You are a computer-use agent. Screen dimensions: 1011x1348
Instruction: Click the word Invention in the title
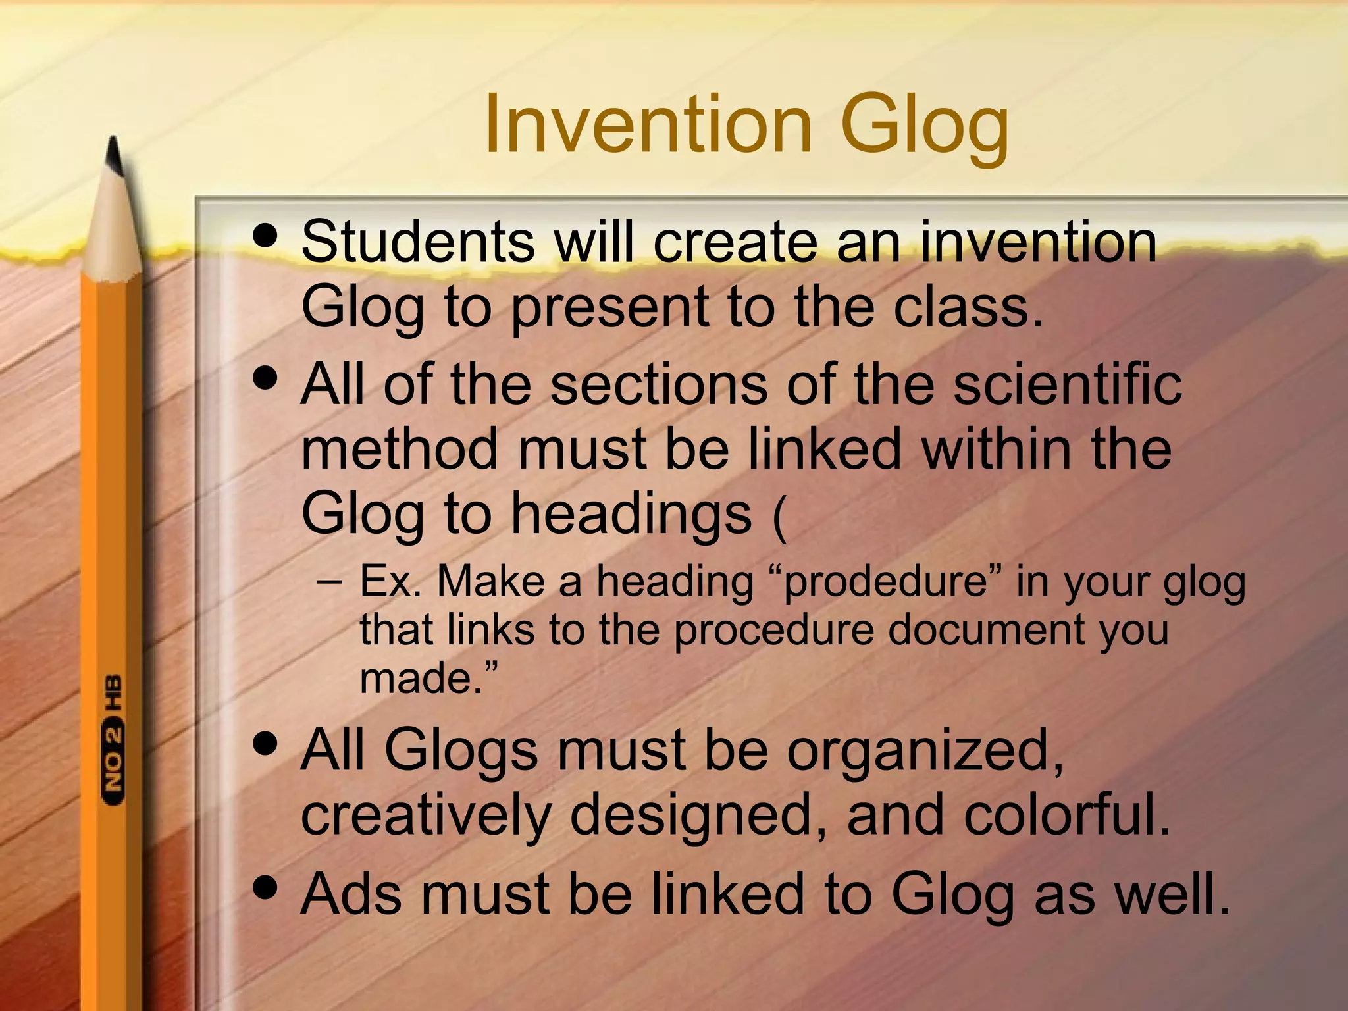pyautogui.click(x=648, y=125)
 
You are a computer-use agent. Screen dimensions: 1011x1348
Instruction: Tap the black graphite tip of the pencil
pyautogui.click(x=115, y=155)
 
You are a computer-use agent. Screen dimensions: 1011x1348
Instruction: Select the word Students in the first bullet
pyautogui.click(x=418, y=242)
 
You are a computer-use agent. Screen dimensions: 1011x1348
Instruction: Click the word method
pyautogui.click(x=400, y=449)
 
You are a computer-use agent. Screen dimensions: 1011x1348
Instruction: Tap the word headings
pyautogui.click(x=631, y=514)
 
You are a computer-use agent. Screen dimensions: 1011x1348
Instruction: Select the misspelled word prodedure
pyautogui.click(x=885, y=583)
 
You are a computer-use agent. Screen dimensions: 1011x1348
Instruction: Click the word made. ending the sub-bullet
pyautogui.click(x=428, y=678)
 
